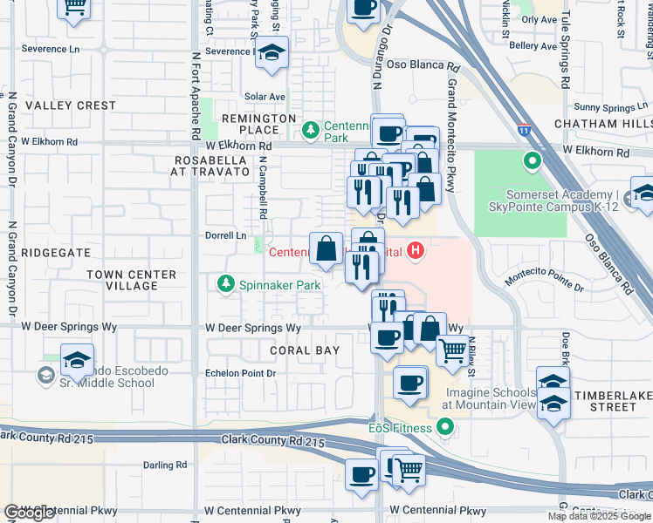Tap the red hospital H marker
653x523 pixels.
point(416,252)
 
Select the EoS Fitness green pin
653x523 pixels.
point(445,427)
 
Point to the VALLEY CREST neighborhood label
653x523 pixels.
point(71,105)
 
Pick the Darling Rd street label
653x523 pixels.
point(165,465)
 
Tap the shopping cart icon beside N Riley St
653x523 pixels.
point(451,350)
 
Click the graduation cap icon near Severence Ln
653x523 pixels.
point(272,53)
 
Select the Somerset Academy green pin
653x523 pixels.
point(532,161)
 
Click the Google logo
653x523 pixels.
point(30,513)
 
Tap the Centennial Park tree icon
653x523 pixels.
point(310,131)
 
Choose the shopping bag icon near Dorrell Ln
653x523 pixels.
point(326,249)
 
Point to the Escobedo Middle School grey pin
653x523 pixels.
point(45,376)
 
